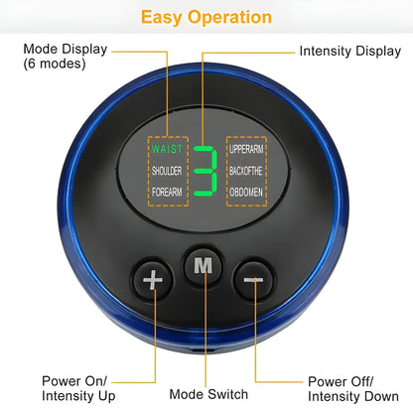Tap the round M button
click(204, 266)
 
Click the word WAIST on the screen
click(167, 150)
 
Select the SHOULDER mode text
click(167, 170)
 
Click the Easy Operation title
click(206, 17)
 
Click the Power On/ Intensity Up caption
click(80, 387)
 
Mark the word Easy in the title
click(162, 17)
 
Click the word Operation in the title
click(229, 17)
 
